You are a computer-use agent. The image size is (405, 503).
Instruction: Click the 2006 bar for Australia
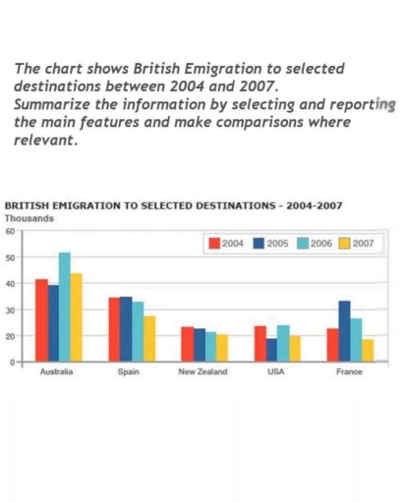click(65, 307)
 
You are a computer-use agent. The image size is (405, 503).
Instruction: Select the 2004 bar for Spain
click(114, 329)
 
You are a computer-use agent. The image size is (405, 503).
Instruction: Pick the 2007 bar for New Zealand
click(220, 348)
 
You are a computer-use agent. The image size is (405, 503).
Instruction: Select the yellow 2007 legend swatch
click(344, 244)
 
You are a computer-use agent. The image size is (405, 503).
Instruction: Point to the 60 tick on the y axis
click(10, 232)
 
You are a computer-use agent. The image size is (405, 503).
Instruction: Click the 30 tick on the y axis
click(10, 310)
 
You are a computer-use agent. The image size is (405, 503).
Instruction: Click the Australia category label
click(54, 373)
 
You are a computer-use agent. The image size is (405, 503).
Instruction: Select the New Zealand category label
click(202, 373)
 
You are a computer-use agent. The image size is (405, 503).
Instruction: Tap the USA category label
click(276, 373)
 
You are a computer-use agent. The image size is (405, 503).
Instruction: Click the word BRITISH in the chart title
click(29, 207)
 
